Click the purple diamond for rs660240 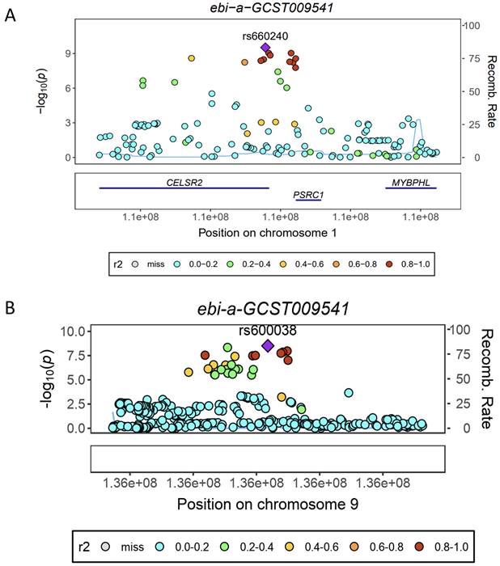click(x=265, y=48)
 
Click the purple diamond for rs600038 click(x=268, y=346)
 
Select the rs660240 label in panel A click(x=265, y=36)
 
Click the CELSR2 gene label click(x=184, y=182)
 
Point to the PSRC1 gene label click(x=308, y=195)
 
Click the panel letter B click(x=10, y=308)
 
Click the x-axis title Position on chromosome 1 click(x=268, y=233)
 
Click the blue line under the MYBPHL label click(x=411, y=188)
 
